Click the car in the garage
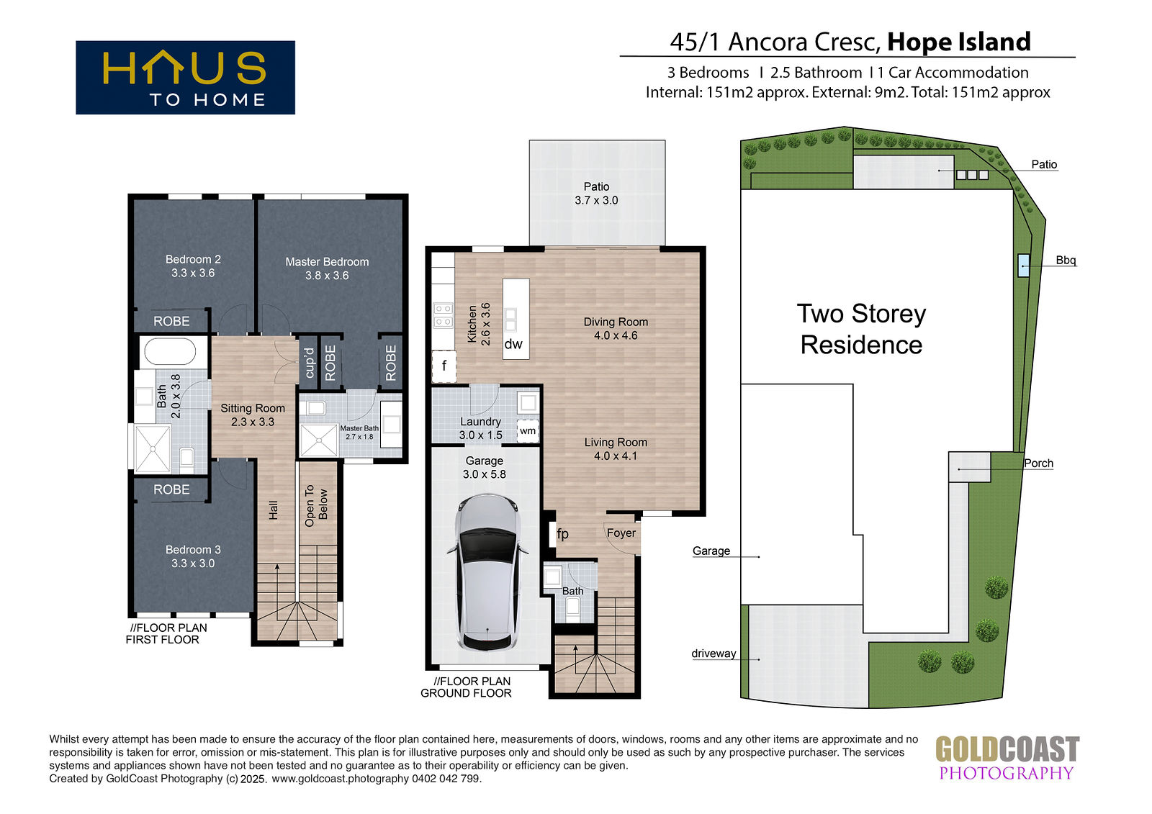[487, 571]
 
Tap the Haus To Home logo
[185, 77]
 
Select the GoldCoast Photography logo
[1007, 758]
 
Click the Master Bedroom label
[327, 262]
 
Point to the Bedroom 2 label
[193, 259]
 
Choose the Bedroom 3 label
[193, 550]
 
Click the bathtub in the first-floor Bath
[170, 352]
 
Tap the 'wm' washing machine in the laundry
[528, 431]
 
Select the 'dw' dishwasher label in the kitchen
[513, 344]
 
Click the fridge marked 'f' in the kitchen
[444, 366]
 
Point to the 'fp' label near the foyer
[562, 534]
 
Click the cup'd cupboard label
[309, 363]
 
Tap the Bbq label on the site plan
[1066, 261]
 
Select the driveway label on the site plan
[714, 654]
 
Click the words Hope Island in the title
[959, 42]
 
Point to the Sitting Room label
[253, 408]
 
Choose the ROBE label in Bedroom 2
[171, 322]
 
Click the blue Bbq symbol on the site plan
[1024, 266]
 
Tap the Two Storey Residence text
[861, 329]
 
